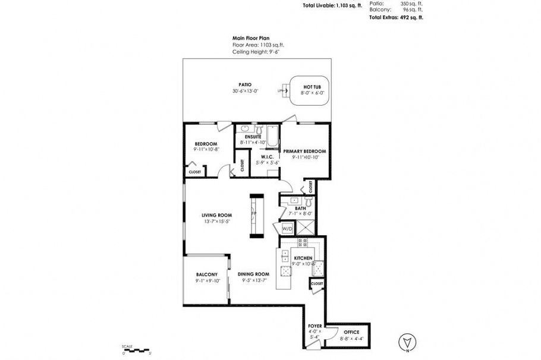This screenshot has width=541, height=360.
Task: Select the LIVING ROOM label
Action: [x=216, y=215]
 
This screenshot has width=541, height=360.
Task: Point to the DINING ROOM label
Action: [x=254, y=274]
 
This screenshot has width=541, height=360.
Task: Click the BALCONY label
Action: [x=207, y=274]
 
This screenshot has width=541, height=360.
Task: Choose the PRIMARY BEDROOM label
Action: [x=306, y=151]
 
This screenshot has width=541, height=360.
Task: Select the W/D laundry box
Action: [x=287, y=229]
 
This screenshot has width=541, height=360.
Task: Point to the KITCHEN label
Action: [x=303, y=258]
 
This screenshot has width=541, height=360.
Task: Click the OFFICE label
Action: [x=351, y=331]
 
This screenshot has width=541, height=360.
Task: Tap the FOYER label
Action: [x=314, y=326]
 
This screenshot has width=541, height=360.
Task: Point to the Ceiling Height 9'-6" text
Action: [x=256, y=52]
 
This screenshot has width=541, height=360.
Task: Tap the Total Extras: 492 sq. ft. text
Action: [x=396, y=17]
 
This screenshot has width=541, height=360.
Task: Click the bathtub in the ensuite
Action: [x=272, y=137]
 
